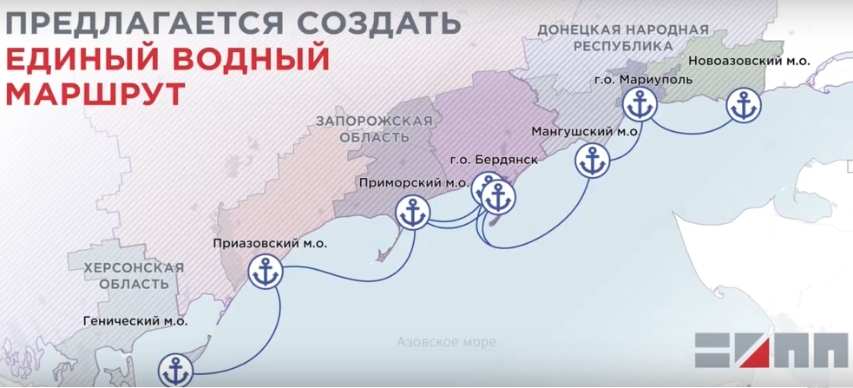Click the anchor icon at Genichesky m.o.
tap(176, 371)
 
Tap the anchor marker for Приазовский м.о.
tap(266, 273)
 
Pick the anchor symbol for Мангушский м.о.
tap(593, 161)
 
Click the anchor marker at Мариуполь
tap(640, 106)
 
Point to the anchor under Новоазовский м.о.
tap(743, 106)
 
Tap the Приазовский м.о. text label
tap(270, 244)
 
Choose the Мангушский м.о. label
tap(585, 132)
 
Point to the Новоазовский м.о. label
tap(749, 62)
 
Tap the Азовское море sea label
tap(440, 341)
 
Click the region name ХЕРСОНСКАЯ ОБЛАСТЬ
tap(135, 276)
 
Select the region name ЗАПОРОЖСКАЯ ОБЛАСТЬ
tap(374, 129)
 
